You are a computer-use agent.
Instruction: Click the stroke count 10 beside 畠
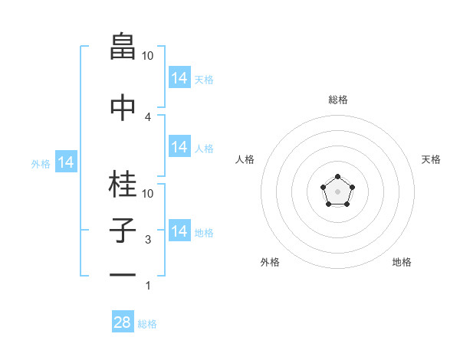(x=148, y=56)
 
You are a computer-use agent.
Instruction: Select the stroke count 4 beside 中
(x=148, y=116)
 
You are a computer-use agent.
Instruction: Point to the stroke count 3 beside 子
(x=148, y=240)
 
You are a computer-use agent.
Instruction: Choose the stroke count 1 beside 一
(x=148, y=286)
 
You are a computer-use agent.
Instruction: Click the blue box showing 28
(x=123, y=322)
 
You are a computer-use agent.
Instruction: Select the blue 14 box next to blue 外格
(x=66, y=162)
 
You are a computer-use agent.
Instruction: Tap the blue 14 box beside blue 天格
(x=179, y=78)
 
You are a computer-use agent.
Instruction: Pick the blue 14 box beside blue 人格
(x=179, y=147)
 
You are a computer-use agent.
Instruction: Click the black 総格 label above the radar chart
(x=338, y=100)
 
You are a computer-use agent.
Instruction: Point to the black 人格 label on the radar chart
(x=245, y=159)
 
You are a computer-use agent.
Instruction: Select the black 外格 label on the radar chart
(x=270, y=262)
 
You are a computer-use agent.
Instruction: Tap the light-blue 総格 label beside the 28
(x=147, y=324)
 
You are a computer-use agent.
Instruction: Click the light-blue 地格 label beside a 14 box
(x=204, y=232)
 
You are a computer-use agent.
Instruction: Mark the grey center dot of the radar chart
(x=337, y=191)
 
